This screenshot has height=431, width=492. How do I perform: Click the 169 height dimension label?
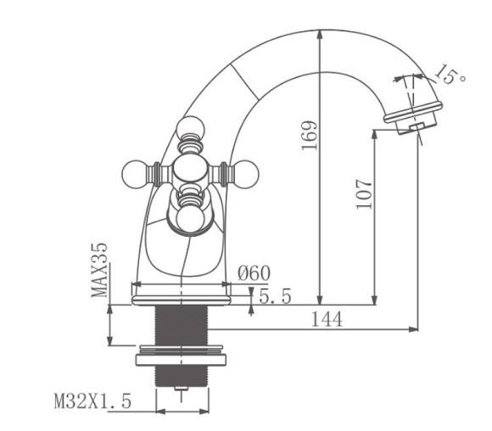click(310, 135)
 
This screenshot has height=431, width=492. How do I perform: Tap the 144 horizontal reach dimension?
click(327, 319)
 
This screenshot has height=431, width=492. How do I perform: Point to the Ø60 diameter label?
click(254, 272)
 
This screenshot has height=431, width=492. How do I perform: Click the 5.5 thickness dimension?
click(275, 296)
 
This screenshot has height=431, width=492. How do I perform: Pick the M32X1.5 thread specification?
click(92, 401)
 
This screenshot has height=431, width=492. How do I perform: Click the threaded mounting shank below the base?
click(180, 323)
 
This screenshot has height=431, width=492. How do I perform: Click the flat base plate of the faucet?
click(182, 294)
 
